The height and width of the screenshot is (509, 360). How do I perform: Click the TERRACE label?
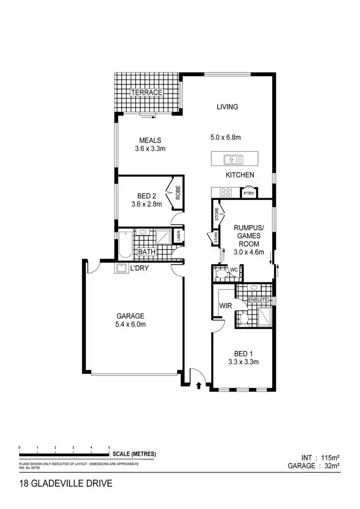coord(147,92)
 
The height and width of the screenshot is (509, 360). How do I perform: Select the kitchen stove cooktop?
coord(225,192)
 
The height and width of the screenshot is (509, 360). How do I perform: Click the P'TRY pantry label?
coord(249,193)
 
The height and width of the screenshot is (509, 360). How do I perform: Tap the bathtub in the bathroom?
coord(124,244)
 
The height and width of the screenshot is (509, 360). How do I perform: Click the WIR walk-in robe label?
coord(226,306)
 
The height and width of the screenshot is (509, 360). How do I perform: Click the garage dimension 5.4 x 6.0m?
coord(131,325)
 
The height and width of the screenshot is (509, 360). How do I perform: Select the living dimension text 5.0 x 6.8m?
coord(226,138)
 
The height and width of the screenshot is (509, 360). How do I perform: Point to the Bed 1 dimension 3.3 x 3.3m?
coord(243,362)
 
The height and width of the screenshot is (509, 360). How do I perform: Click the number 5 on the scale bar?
coord(109,447)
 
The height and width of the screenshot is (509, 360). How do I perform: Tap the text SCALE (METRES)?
coord(134,453)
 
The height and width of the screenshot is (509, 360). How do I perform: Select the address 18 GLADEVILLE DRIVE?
coord(66,483)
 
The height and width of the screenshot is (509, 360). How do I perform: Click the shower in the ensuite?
coord(264,317)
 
